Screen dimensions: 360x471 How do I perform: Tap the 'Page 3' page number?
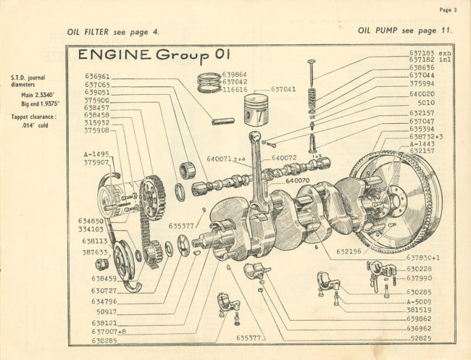(447, 10)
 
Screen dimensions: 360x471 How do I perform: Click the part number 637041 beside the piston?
(283, 89)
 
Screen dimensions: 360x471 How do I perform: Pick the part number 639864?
(235, 74)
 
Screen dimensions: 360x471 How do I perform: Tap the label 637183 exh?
(430, 53)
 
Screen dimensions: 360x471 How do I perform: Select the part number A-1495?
(96, 154)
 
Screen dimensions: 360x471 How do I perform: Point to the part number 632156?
(350, 253)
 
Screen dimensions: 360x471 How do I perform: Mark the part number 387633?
(95, 252)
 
